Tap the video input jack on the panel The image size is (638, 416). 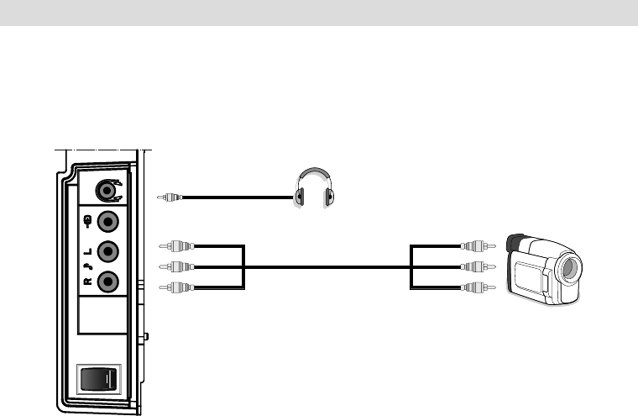pos(108,223)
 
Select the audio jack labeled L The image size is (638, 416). pos(108,252)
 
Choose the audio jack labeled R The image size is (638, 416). pos(108,282)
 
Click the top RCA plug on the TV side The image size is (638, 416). pos(178,246)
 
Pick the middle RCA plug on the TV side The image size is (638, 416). pos(178,266)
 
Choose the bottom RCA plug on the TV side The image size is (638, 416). pos(178,287)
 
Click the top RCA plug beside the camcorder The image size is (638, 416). pos(477,246)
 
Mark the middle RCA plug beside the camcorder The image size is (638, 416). pos(477,266)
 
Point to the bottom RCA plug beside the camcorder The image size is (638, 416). pos(477,287)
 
